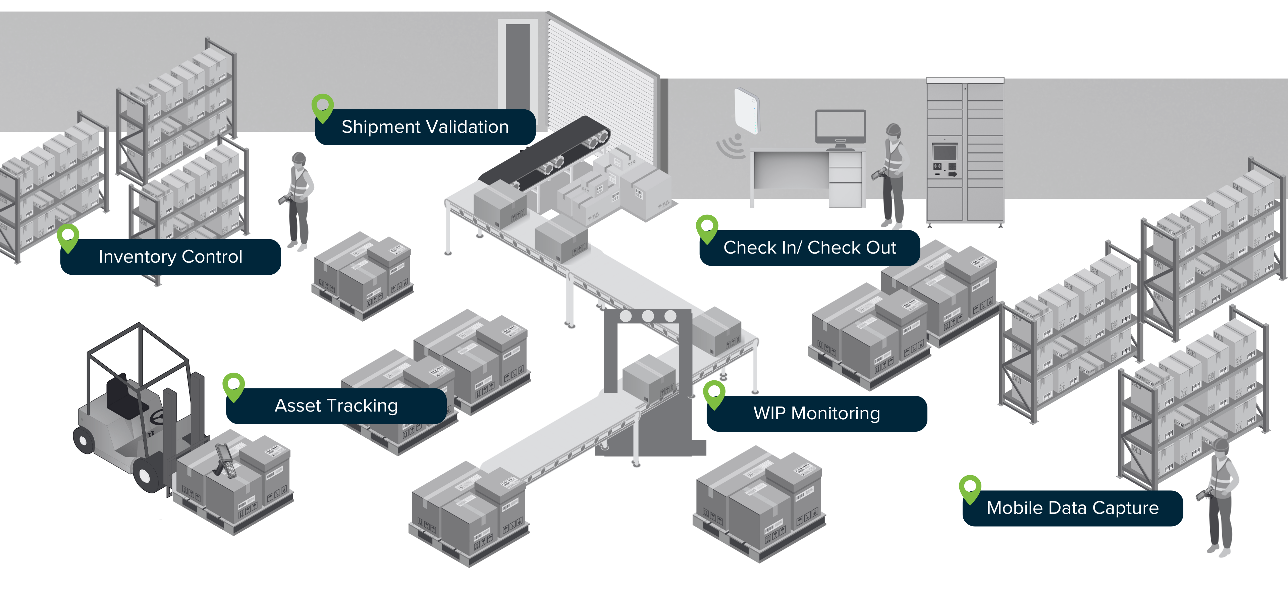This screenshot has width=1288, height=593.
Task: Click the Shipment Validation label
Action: pyautogui.click(x=425, y=127)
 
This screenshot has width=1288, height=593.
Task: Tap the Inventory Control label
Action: pyautogui.click(x=170, y=257)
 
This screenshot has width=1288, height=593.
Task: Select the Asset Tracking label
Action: pyautogui.click(x=336, y=406)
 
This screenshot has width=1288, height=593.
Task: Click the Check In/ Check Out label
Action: pyautogui.click(x=809, y=248)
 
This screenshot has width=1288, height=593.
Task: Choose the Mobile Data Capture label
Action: pyautogui.click(x=1073, y=508)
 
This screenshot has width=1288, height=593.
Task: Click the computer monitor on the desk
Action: pyautogui.click(x=841, y=126)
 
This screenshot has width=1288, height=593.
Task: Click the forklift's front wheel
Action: pyautogui.click(x=146, y=474)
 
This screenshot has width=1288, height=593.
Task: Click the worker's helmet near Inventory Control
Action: pyautogui.click(x=299, y=158)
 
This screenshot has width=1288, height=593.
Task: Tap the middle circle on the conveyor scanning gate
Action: pyautogui.click(x=647, y=316)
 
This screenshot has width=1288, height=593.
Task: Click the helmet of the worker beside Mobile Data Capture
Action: pyautogui.click(x=1221, y=445)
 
